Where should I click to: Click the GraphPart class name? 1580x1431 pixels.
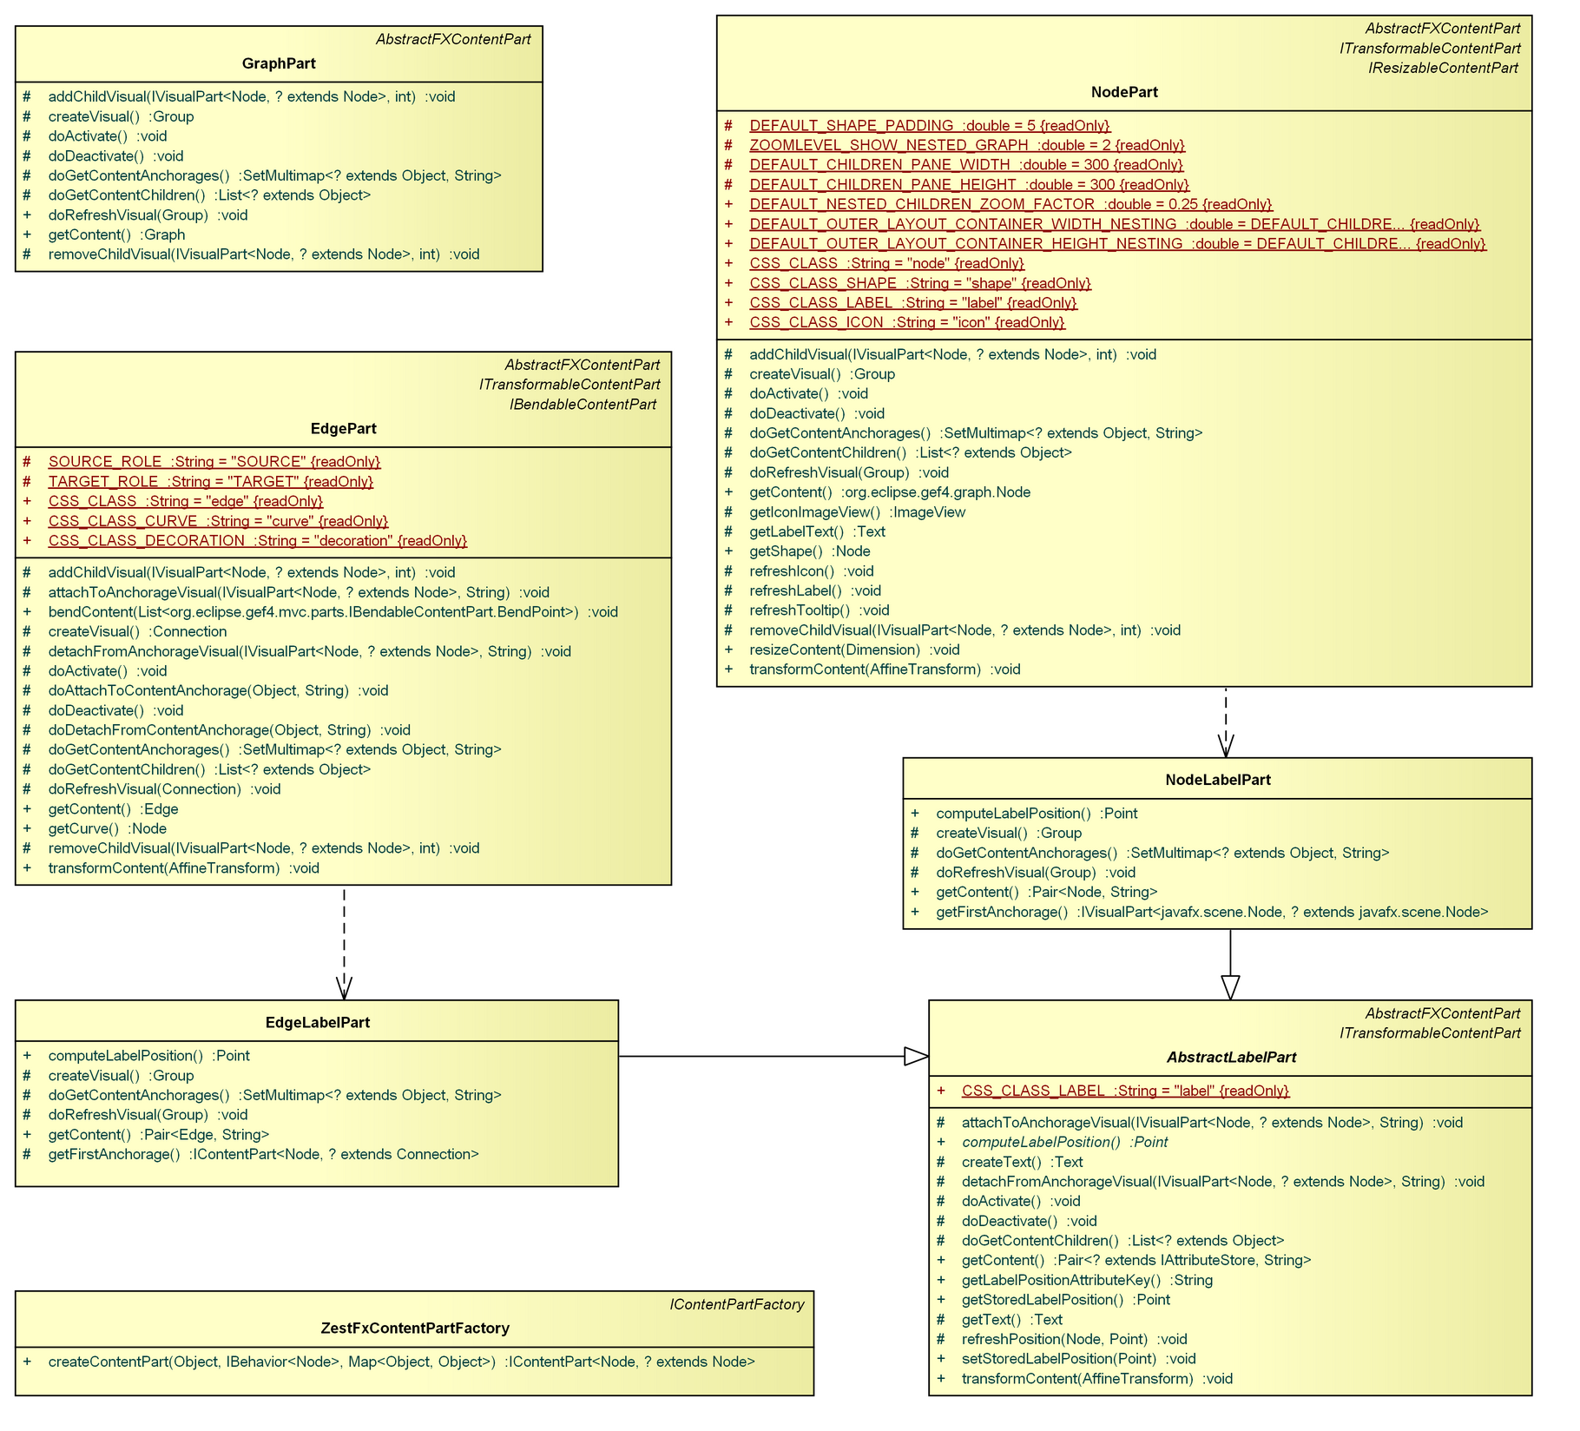coord(279,63)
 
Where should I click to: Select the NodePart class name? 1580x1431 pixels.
coord(1124,92)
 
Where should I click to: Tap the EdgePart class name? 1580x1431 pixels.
coord(343,429)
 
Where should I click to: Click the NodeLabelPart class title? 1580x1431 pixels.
coord(1217,780)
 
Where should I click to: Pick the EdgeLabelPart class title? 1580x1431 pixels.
coord(317,1023)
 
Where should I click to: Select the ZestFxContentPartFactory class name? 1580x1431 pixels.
coord(414,1329)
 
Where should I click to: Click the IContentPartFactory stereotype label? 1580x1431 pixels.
coord(736,1305)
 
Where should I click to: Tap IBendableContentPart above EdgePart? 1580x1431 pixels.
coord(583,405)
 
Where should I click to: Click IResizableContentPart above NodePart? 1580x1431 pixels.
coord(1443,68)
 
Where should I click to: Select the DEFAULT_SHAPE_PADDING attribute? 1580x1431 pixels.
coord(929,126)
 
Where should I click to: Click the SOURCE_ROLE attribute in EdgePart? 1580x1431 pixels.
coord(214,462)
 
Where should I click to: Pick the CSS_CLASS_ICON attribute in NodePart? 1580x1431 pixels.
coord(906,323)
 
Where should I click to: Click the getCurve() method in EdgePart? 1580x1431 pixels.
coord(107,829)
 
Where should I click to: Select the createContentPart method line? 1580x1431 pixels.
coord(401,1362)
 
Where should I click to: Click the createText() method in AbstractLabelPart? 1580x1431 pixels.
coord(1021,1163)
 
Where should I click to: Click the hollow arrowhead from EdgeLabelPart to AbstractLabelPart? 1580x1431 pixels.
coord(917,1057)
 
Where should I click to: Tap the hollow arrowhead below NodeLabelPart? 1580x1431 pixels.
coord(1230,988)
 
